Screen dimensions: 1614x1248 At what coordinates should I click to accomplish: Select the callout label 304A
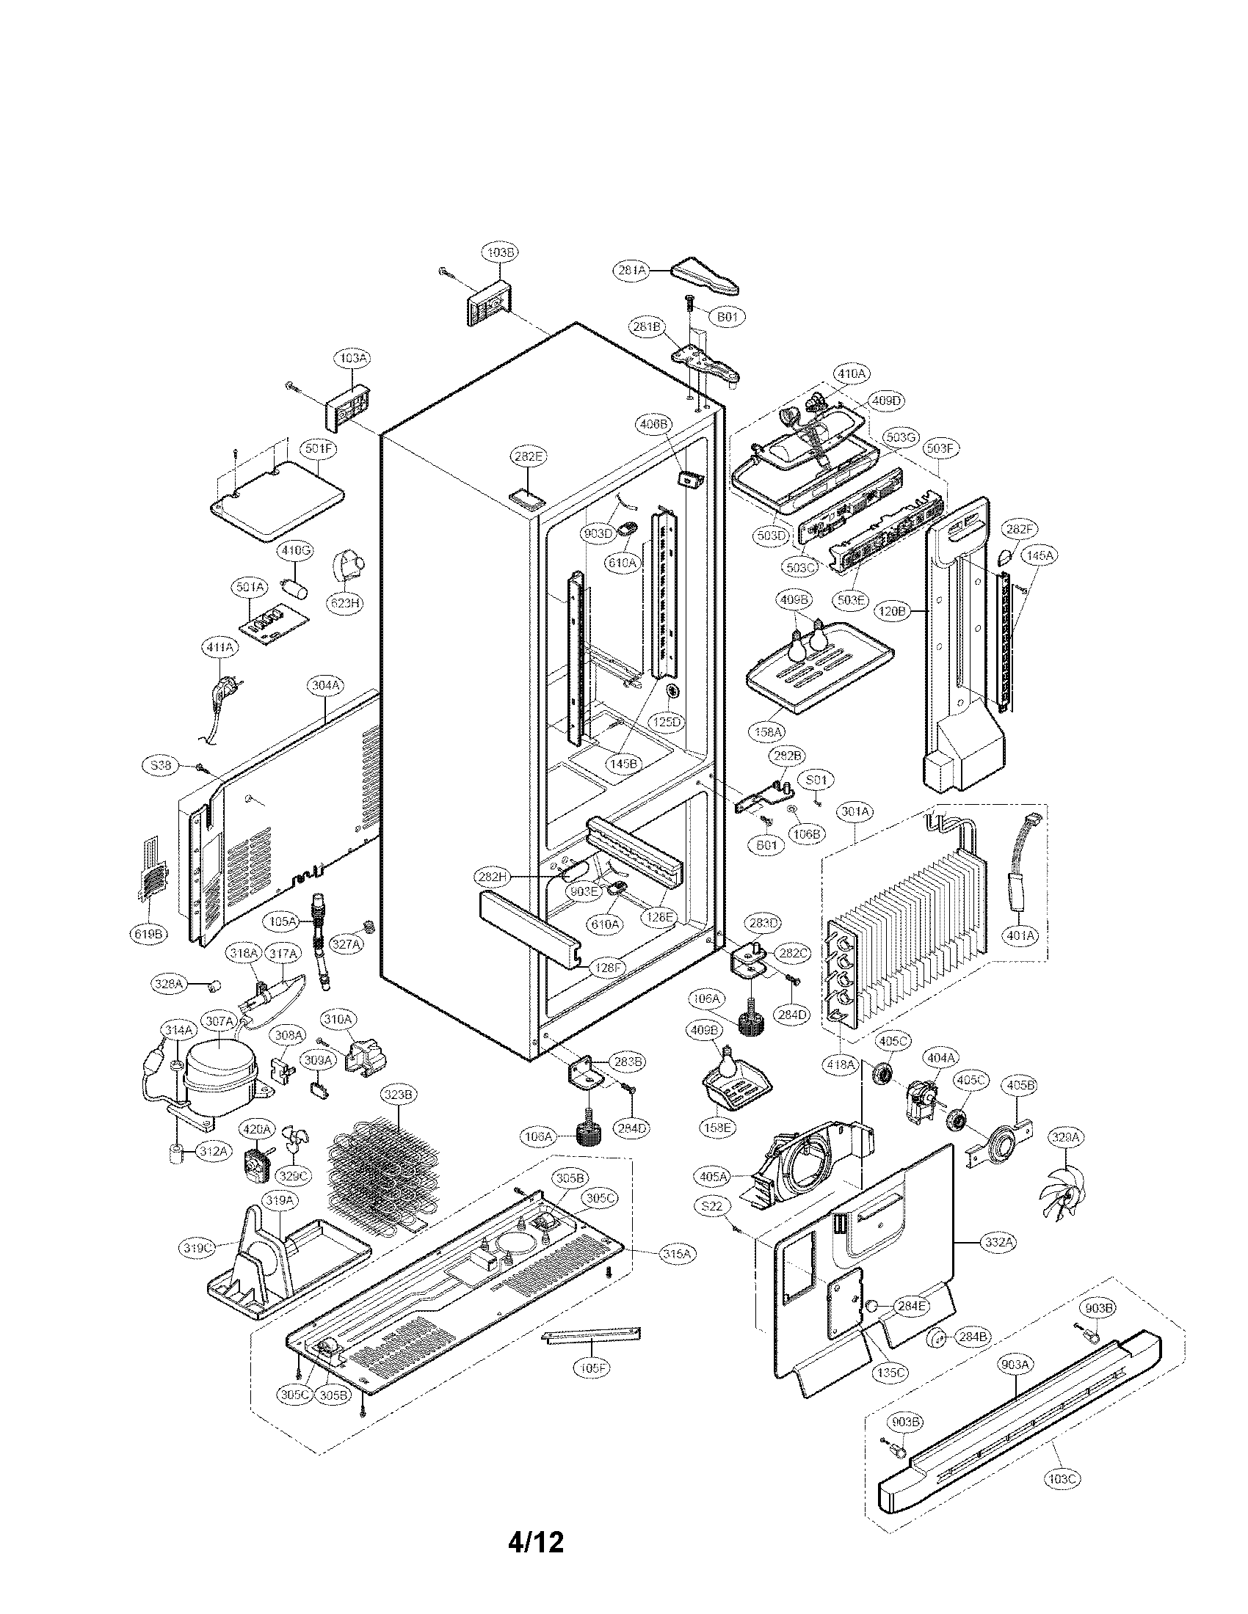[x=325, y=685]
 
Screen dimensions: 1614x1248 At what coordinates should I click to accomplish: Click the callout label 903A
[x=1015, y=1365]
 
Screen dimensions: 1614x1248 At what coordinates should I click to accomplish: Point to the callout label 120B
[x=893, y=611]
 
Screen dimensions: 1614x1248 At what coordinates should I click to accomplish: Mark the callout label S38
[x=161, y=766]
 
